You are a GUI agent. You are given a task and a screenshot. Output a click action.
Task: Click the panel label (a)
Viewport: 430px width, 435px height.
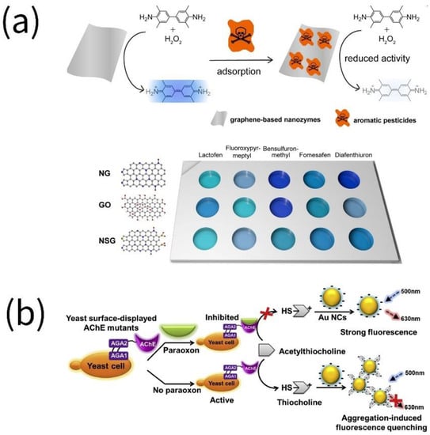point(34,26)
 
